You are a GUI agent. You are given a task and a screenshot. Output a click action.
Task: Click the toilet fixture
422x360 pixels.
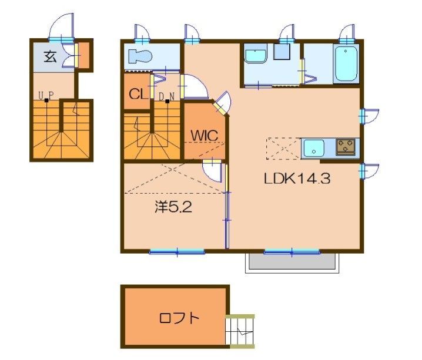[140, 56]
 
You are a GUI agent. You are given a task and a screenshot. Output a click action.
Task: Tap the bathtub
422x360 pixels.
[346, 63]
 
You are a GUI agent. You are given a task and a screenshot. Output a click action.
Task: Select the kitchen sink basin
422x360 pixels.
[314, 148]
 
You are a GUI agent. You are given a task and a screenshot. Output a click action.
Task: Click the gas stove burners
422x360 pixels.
[345, 147]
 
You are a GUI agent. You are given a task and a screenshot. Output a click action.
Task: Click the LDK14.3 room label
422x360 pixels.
[297, 179]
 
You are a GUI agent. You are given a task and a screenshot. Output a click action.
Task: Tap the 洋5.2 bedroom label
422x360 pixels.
[173, 207]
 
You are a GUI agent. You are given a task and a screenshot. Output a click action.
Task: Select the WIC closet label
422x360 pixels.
[205, 135]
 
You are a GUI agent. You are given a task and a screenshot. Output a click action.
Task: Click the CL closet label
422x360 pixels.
[138, 94]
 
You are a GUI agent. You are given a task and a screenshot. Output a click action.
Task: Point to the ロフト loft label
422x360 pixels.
[179, 318]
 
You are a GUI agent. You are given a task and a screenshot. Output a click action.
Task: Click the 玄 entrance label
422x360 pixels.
[51, 56]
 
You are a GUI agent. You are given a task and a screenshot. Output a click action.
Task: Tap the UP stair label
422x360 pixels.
[46, 95]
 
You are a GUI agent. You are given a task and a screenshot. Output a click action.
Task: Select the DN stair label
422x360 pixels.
[166, 96]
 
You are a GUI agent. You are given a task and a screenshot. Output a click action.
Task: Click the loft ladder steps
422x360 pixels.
[240, 331]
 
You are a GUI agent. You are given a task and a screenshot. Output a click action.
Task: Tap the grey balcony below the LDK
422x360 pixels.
[292, 261]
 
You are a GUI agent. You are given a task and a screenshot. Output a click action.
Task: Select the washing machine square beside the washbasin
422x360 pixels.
[282, 51]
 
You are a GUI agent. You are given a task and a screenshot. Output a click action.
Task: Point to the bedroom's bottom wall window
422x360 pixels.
[177, 252]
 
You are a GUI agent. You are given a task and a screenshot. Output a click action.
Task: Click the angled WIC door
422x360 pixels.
[223, 104]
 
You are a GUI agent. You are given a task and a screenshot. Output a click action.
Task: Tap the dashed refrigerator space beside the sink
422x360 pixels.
[283, 149]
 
